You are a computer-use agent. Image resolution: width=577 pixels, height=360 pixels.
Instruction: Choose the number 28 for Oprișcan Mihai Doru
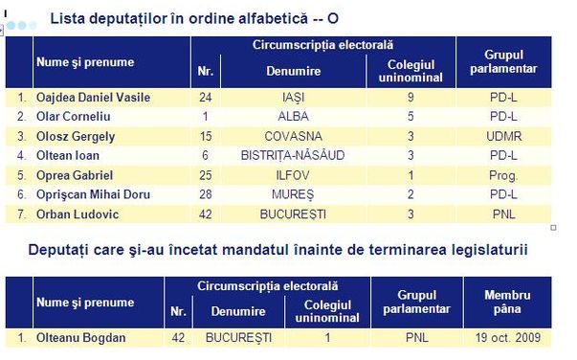point(205,194)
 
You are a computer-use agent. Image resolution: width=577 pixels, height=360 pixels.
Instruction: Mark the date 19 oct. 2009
point(506,338)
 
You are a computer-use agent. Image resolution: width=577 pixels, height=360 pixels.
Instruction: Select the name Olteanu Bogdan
point(75,338)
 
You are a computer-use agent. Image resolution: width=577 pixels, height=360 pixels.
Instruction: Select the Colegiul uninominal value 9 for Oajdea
point(410,97)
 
